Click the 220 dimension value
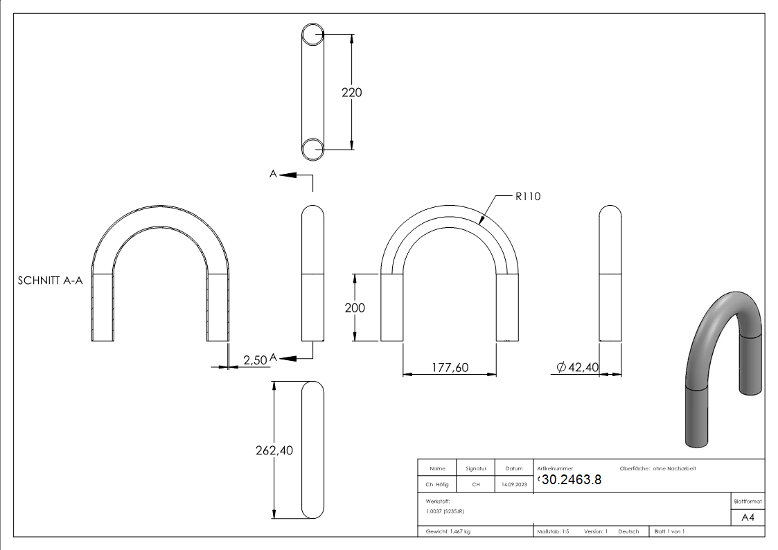click(x=352, y=92)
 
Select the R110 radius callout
click(x=527, y=197)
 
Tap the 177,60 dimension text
click(x=449, y=367)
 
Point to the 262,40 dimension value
click(x=274, y=450)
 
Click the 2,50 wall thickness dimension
click(x=254, y=359)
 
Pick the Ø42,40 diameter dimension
click(x=577, y=367)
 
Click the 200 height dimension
click(x=355, y=308)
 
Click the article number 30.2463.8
click(x=571, y=480)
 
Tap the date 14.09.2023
click(x=513, y=485)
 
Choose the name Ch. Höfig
click(x=436, y=485)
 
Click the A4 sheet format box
click(x=748, y=517)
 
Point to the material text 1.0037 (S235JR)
click(x=445, y=511)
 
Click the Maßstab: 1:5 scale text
click(x=553, y=531)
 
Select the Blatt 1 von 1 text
click(x=669, y=531)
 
